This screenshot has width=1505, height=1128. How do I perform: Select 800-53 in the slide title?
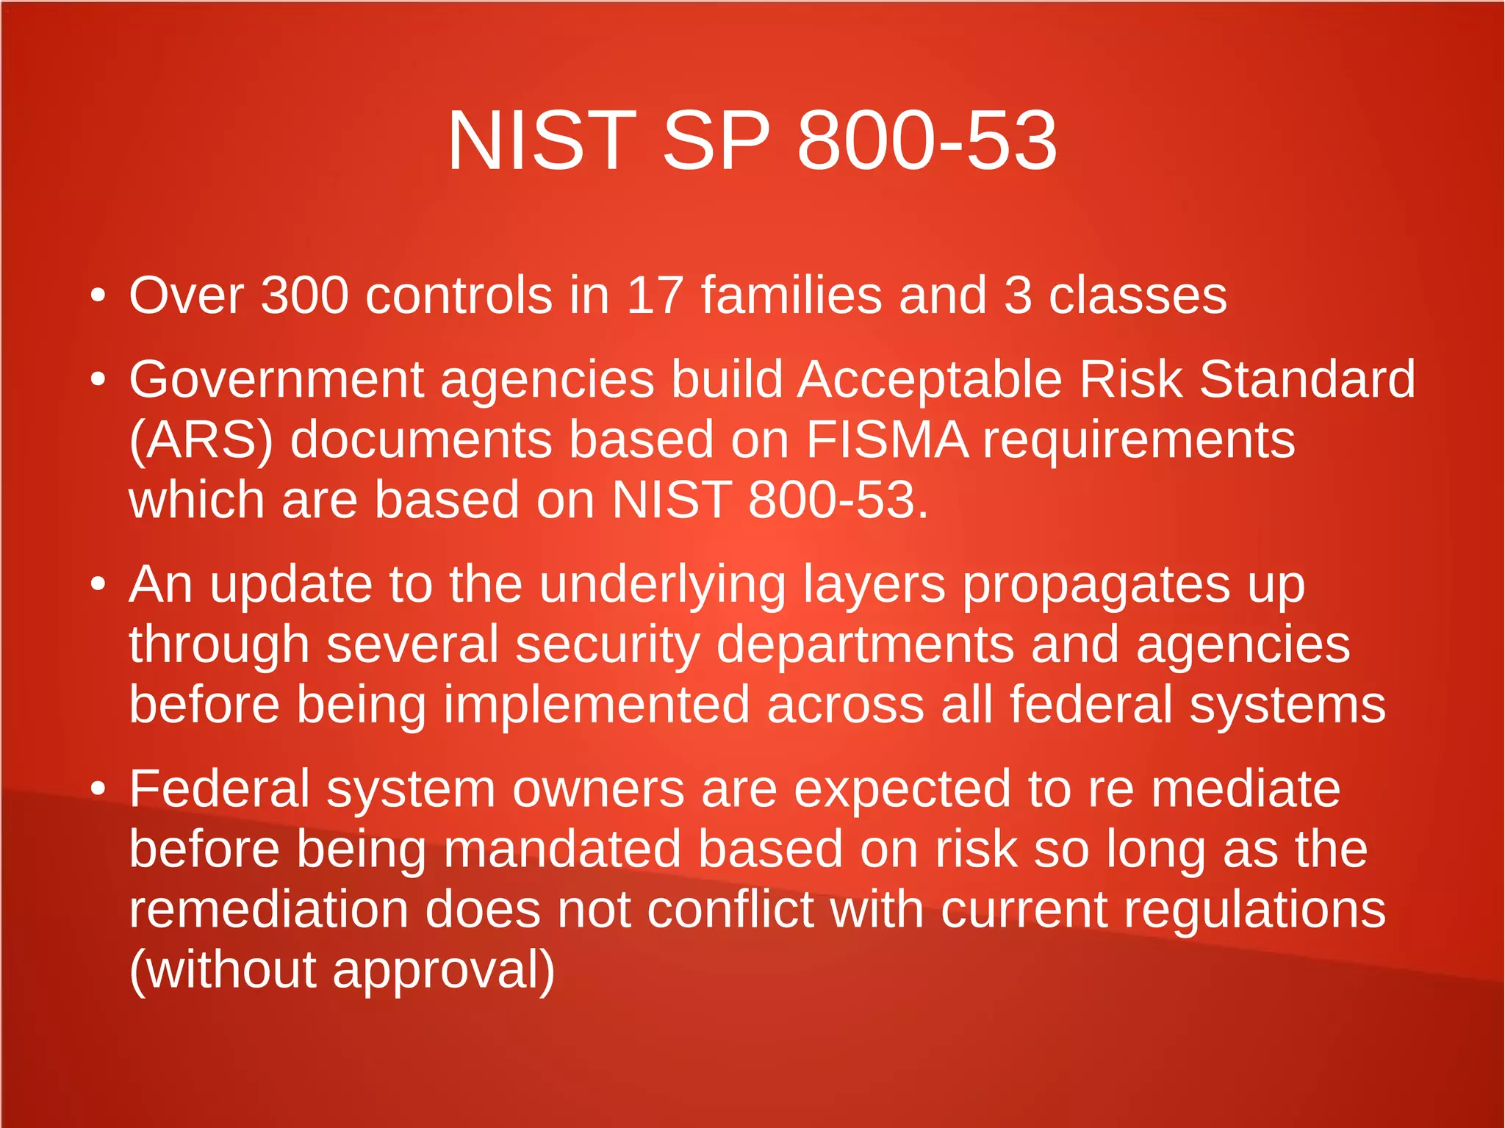(927, 140)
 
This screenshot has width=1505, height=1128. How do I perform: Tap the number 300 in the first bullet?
(304, 295)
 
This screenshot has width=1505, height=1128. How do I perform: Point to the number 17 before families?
(655, 295)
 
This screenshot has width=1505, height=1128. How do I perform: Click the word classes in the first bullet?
(1137, 295)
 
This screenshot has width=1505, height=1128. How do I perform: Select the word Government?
(276, 380)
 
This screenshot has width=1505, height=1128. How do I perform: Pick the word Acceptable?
(930, 380)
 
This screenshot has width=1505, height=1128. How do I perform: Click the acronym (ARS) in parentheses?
(201, 440)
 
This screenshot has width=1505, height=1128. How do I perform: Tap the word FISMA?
(887, 440)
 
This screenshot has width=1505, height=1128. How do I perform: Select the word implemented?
(596, 705)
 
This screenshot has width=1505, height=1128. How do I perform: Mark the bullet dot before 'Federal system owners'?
(98, 788)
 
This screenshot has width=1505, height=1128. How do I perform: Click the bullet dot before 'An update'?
(98, 585)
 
